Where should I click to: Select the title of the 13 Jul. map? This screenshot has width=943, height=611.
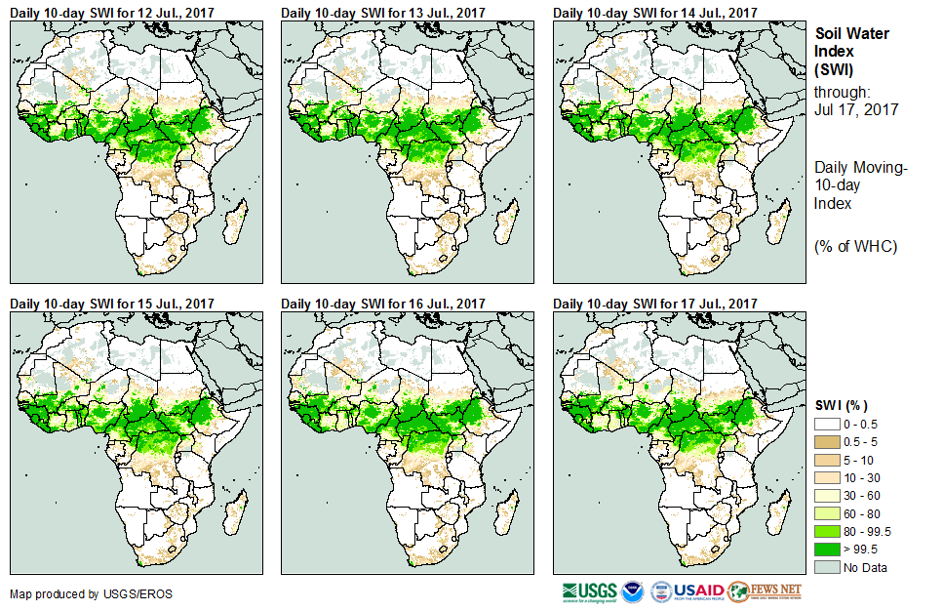pyautogui.click(x=383, y=12)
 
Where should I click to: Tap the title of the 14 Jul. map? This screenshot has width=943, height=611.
pyautogui.click(x=655, y=12)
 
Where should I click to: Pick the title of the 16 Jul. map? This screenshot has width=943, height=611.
pyautogui.click(x=383, y=304)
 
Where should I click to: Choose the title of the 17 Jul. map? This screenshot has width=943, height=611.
pyautogui.click(x=655, y=304)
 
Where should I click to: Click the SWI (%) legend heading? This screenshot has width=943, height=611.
pyautogui.click(x=842, y=405)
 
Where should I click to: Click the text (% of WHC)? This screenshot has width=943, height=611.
pyautogui.click(x=855, y=246)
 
